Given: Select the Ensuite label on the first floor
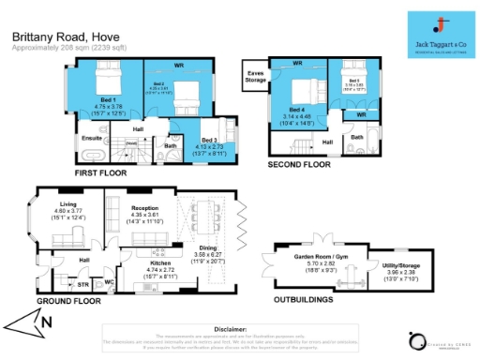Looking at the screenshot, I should (x=93, y=137).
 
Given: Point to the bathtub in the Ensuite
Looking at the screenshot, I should (x=92, y=152).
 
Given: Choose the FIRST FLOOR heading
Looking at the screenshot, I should (x=100, y=173).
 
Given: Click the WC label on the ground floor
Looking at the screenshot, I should (x=110, y=280).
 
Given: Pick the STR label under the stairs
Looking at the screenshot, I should (x=82, y=284).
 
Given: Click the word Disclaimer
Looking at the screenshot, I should (x=239, y=330).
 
